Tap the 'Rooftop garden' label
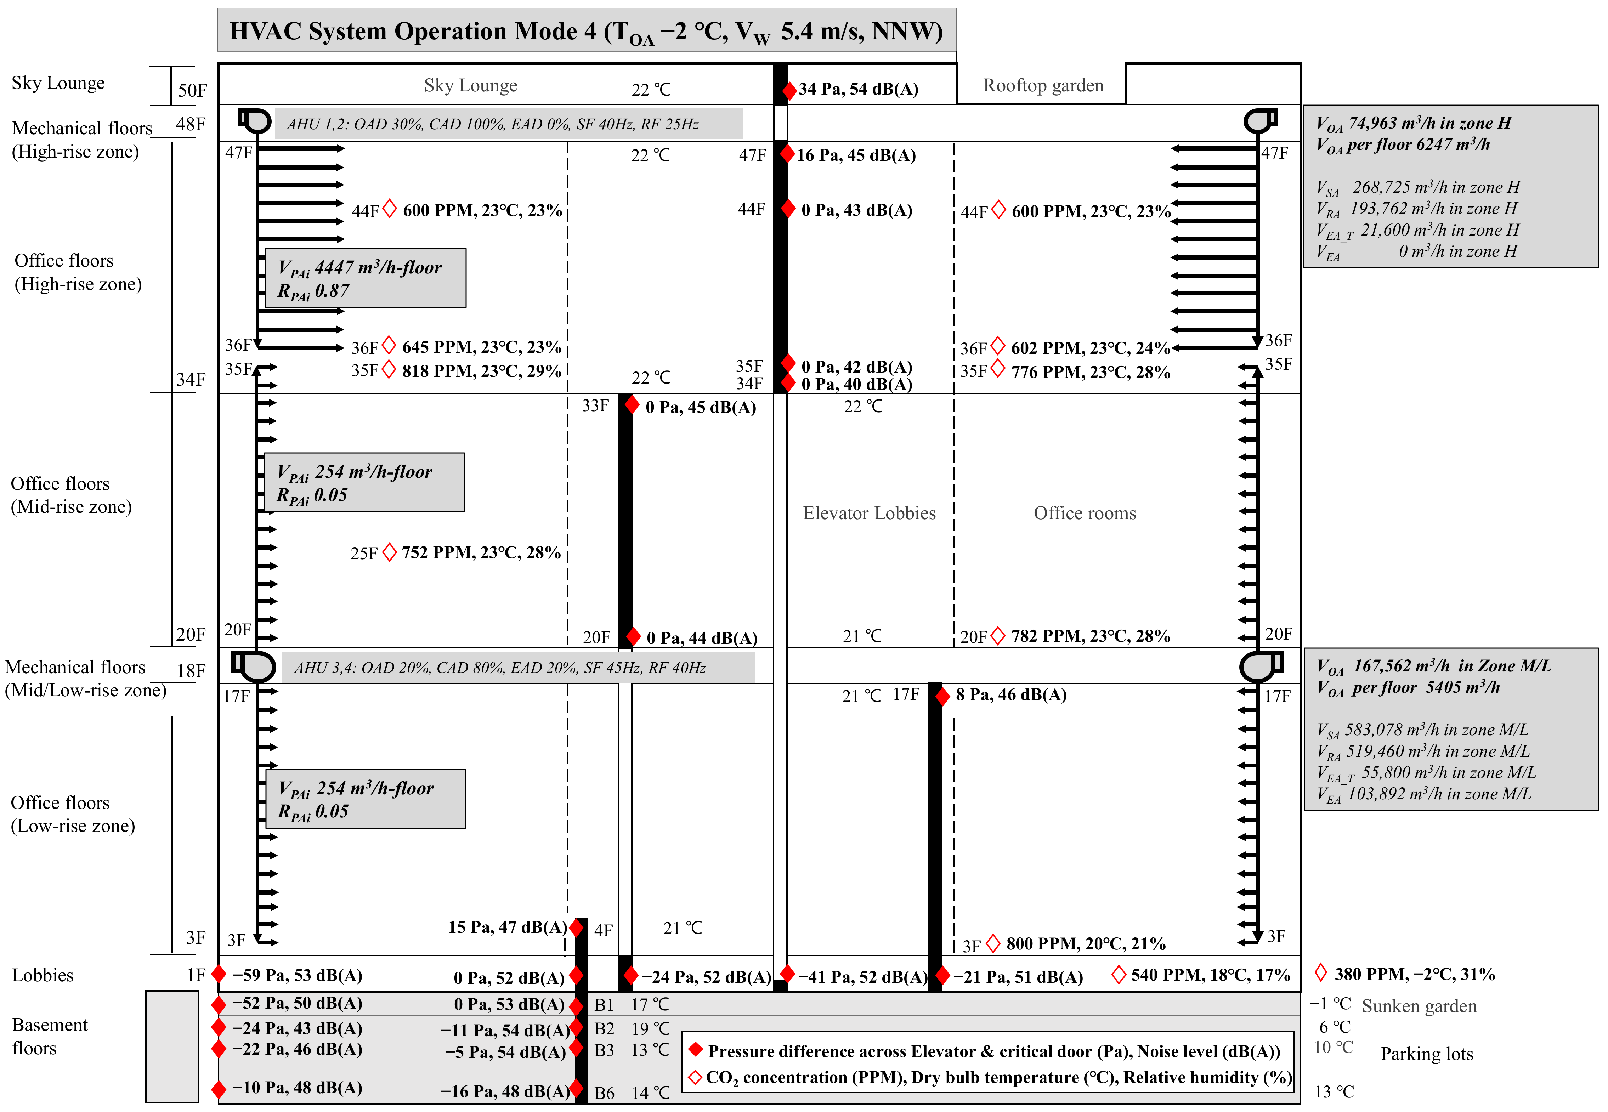(x=1043, y=86)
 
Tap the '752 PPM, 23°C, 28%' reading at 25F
(x=481, y=552)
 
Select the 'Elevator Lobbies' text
(x=869, y=514)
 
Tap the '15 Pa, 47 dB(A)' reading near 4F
(x=507, y=927)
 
